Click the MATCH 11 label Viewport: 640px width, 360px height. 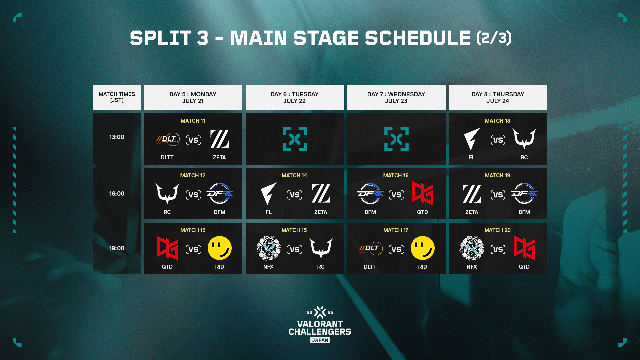click(193, 121)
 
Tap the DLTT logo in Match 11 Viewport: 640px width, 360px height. click(168, 139)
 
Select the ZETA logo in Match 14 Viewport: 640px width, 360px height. click(321, 194)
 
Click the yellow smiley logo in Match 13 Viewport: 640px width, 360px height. click(220, 248)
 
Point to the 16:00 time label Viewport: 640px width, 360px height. click(117, 194)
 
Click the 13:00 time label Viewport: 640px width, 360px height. click(117, 137)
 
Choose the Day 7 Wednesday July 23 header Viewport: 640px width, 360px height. click(396, 98)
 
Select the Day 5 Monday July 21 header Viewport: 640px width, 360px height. click(193, 98)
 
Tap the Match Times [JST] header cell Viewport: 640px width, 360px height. click(117, 98)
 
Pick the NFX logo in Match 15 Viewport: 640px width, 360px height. click(269, 248)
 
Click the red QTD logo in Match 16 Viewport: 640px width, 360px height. click(422, 193)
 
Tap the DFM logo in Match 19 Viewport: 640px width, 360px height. click(524, 193)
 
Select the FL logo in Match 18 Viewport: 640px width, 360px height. click(472, 139)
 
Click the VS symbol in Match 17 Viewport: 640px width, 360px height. click(396, 249)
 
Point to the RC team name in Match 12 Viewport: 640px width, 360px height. click(167, 212)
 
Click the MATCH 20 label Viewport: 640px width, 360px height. click(497, 230)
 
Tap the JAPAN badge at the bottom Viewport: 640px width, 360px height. click(320, 340)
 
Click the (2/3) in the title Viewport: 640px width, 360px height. click(494, 38)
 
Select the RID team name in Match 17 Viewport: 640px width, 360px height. click(422, 267)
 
